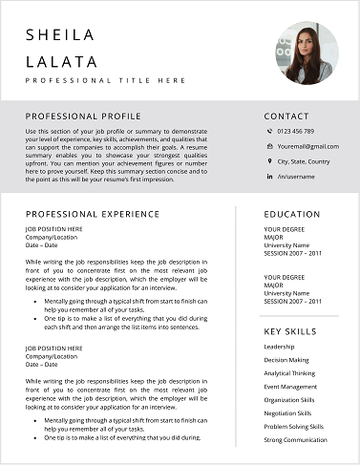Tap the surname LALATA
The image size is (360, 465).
click(x=62, y=62)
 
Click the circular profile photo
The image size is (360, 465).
click(x=307, y=54)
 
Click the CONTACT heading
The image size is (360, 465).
click(x=286, y=115)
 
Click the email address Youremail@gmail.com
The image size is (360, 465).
click(x=307, y=146)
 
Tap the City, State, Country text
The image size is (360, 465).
click(x=304, y=161)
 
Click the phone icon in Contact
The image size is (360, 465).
click(x=269, y=131)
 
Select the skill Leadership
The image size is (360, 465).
click(x=279, y=347)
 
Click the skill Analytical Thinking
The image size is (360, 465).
click(x=289, y=373)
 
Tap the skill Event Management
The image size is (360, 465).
click(x=290, y=387)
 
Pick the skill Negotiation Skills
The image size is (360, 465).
click(x=288, y=413)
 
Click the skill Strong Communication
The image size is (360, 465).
click(x=295, y=440)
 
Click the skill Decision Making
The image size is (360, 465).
click(x=286, y=360)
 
